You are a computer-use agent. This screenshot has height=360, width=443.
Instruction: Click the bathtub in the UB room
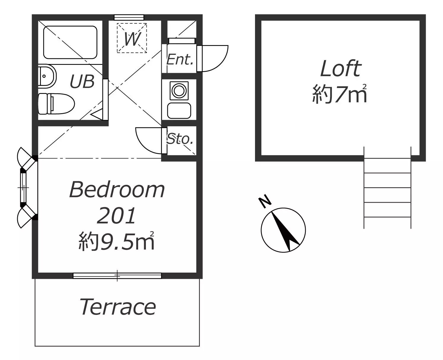(x=70, y=42)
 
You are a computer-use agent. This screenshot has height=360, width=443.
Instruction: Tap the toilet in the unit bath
(x=56, y=103)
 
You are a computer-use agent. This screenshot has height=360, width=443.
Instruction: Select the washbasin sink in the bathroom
(x=47, y=76)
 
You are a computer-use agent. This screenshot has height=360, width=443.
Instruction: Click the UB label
(x=82, y=81)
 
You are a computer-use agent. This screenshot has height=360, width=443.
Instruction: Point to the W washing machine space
(x=132, y=38)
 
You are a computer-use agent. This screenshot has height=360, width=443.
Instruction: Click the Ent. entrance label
(x=180, y=60)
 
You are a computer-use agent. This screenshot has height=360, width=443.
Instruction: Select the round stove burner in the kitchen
(x=179, y=91)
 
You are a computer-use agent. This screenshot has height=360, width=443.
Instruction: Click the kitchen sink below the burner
(x=179, y=111)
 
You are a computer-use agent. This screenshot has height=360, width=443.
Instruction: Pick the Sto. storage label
(x=180, y=139)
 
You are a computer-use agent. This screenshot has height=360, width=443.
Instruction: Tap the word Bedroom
(x=117, y=190)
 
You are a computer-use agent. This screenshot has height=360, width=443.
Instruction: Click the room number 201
(x=117, y=216)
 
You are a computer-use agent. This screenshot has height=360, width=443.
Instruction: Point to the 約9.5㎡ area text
(x=117, y=241)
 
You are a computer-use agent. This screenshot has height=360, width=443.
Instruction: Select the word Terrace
(x=118, y=307)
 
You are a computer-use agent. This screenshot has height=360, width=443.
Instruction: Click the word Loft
(x=341, y=68)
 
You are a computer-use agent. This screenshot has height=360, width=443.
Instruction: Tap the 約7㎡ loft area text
(x=340, y=94)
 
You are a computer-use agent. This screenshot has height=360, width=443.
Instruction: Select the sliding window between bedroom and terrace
(x=117, y=276)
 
